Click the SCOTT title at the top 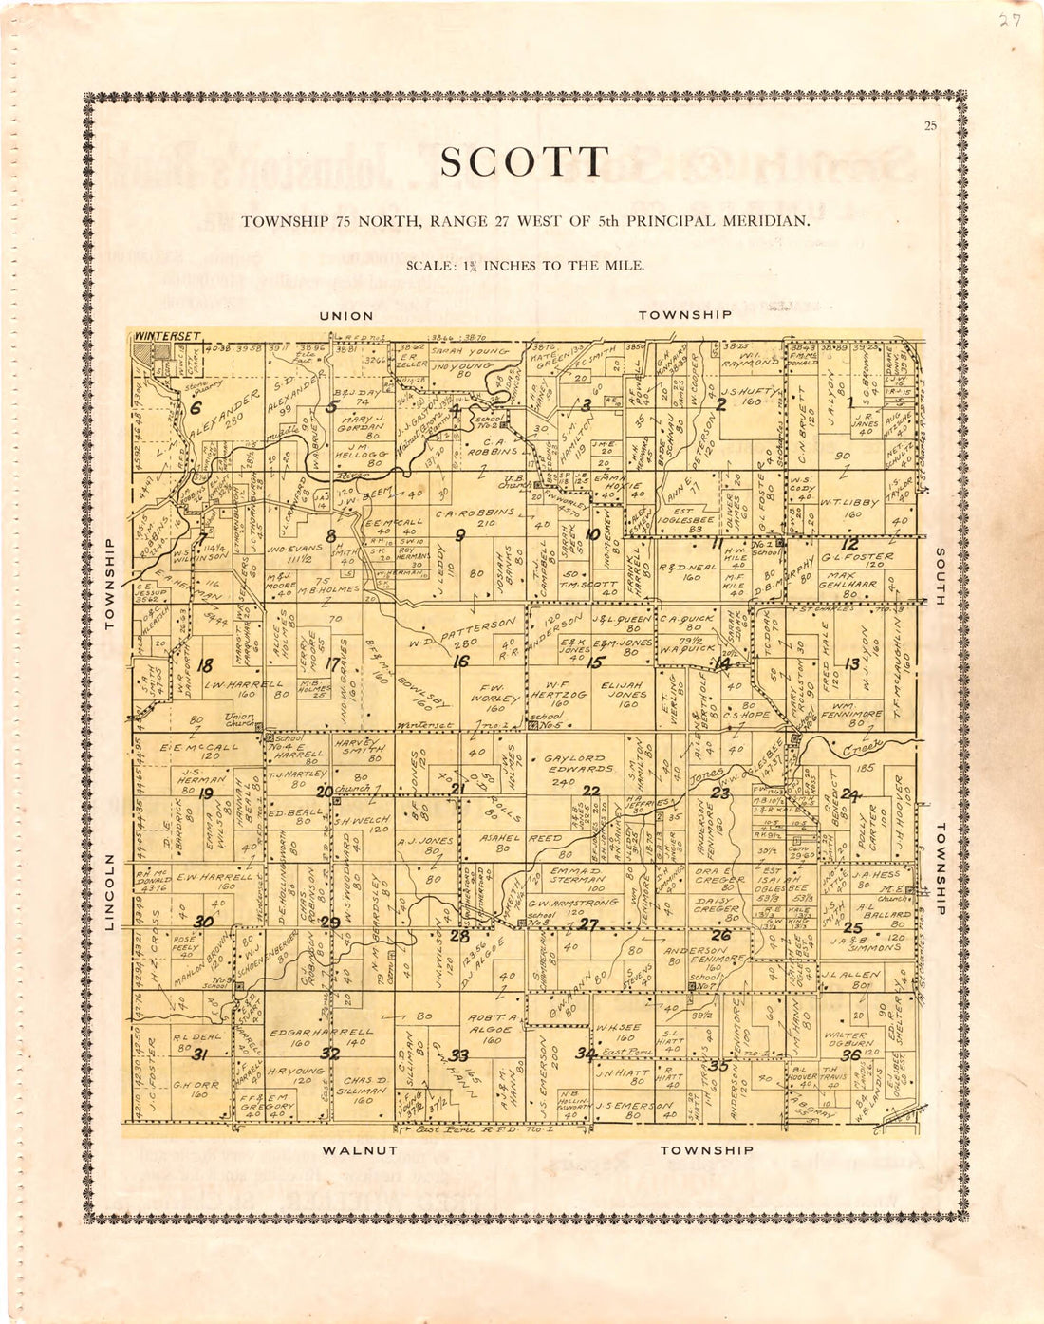524,163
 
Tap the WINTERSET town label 169,336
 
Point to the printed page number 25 929,126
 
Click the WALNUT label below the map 360,1150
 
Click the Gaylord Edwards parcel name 579,764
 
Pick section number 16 460,662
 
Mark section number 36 850,1054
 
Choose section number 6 196,408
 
